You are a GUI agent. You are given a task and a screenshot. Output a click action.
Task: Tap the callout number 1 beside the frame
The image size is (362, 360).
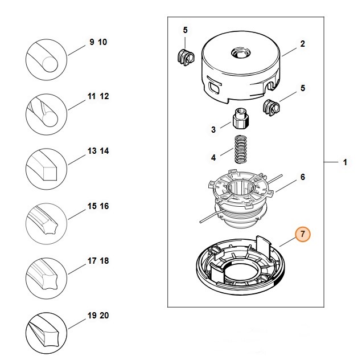tap(344, 163)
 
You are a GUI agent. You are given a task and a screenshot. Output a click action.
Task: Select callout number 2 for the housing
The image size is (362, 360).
tap(302, 44)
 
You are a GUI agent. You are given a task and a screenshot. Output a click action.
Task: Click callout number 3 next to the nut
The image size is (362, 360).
tap(213, 130)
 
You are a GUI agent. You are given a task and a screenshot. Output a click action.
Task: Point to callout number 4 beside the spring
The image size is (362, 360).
tap(213, 157)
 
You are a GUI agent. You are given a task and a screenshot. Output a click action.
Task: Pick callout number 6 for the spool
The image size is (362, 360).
tap(302, 177)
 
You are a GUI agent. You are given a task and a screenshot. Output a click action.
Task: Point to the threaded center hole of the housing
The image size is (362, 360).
tap(238, 54)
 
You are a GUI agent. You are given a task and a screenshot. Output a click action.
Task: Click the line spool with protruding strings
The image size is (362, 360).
tap(239, 197)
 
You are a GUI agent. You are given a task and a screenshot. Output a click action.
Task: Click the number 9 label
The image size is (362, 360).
tap(92, 43)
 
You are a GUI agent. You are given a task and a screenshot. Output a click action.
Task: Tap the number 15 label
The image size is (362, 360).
tap(92, 206)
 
